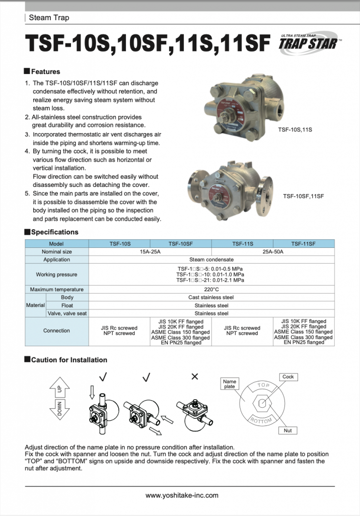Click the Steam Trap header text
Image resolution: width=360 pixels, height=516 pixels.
(x=49, y=18)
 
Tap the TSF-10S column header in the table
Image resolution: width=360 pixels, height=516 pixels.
(x=119, y=244)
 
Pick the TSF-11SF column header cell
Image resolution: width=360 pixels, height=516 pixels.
(x=304, y=244)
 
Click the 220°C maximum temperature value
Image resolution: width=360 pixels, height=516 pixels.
(x=211, y=290)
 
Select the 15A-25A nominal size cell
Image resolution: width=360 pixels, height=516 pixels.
(x=150, y=251)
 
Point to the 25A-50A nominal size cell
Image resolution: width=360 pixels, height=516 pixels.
(x=273, y=251)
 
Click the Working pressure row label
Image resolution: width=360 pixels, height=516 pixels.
(x=56, y=275)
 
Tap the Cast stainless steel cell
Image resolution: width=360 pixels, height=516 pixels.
(x=211, y=297)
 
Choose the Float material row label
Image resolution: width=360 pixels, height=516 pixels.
(x=67, y=305)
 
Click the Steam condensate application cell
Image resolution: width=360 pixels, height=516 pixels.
(x=211, y=260)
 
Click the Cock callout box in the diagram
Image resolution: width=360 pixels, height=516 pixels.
(x=288, y=377)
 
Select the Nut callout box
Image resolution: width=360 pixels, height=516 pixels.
(x=287, y=430)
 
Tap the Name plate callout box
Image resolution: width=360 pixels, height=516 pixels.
(x=230, y=384)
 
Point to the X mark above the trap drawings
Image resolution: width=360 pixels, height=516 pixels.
(x=195, y=376)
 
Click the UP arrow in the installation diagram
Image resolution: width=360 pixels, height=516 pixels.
(x=59, y=389)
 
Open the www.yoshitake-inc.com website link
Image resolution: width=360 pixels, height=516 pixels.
(x=182, y=495)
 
